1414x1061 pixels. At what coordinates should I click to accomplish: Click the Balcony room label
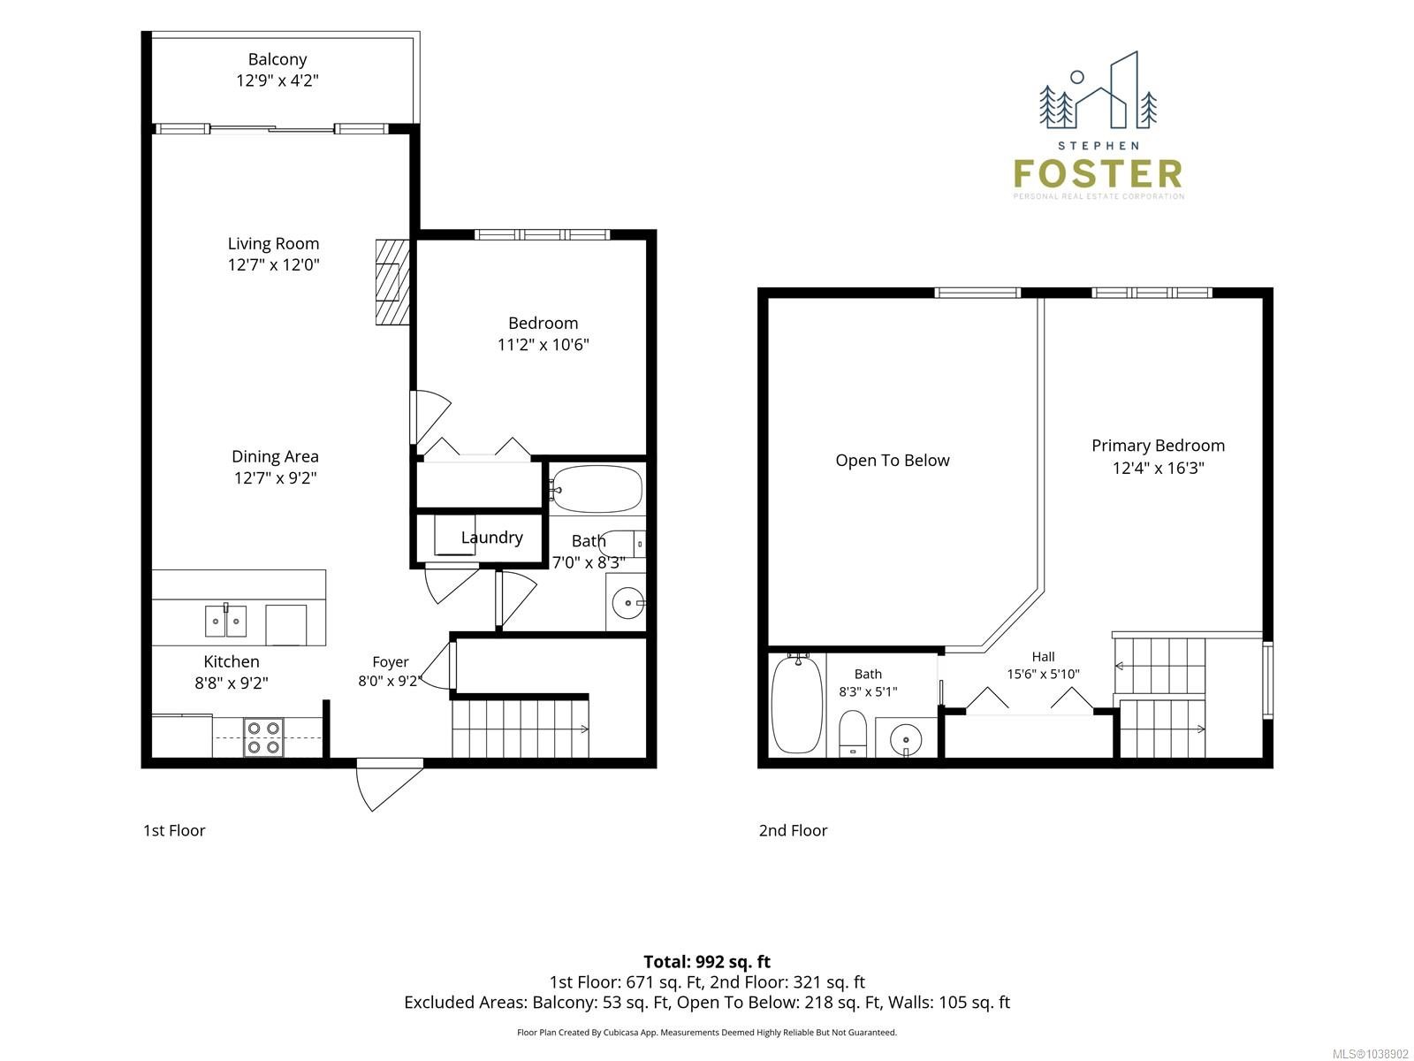pyautogui.click(x=277, y=59)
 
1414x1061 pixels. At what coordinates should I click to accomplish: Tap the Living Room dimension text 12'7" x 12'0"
pyautogui.click(x=273, y=264)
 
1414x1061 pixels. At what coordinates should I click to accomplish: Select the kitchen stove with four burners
pyautogui.click(x=264, y=737)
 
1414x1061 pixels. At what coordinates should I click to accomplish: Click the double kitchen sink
pyautogui.click(x=225, y=621)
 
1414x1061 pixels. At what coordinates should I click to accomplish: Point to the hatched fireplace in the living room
pyautogui.click(x=392, y=282)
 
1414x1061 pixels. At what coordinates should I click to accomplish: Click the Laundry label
pyautogui.click(x=491, y=538)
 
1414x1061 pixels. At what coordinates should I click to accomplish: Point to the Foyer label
pyautogui.click(x=390, y=661)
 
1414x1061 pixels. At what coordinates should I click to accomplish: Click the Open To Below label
pyautogui.click(x=893, y=461)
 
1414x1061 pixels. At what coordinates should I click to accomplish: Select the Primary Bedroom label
pyautogui.click(x=1158, y=446)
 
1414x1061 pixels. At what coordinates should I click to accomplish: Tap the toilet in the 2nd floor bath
pyautogui.click(x=852, y=734)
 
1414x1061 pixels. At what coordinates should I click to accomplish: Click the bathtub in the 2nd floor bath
pyautogui.click(x=797, y=704)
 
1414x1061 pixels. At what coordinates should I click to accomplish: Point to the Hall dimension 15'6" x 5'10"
pyautogui.click(x=1043, y=674)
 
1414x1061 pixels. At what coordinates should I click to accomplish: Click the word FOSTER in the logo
pyautogui.click(x=1098, y=174)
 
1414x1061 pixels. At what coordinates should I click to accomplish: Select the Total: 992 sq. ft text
pyautogui.click(x=707, y=962)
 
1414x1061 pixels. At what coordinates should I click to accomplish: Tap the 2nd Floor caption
pyautogui.click(x=793, y=830)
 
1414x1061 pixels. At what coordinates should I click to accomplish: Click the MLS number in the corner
pyautogui.click(x=1370, y=1055)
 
